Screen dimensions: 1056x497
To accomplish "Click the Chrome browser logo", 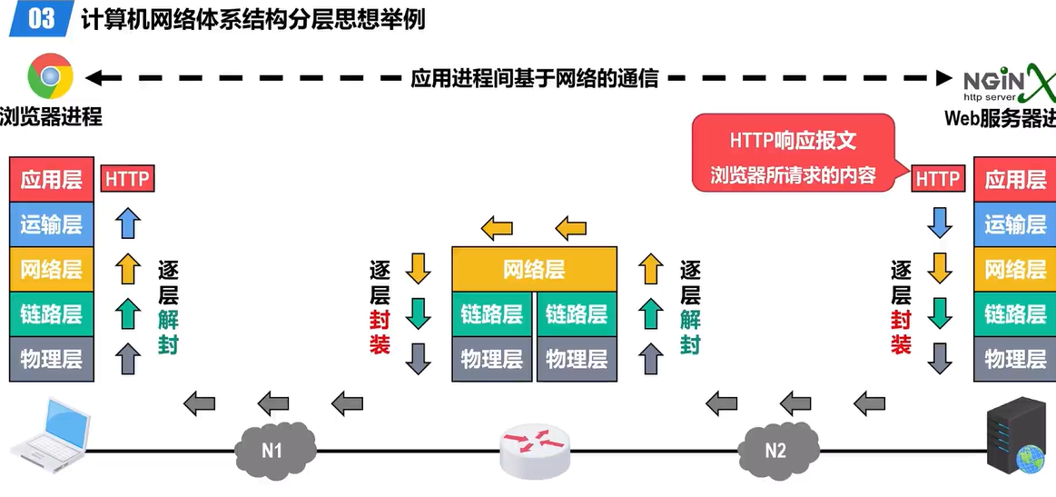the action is pyautogui.click(x=51, y=76).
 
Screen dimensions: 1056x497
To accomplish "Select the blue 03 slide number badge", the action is pyautogui.click(x=42, y=18).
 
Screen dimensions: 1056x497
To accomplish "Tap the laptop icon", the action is pyautogui.click(x=52, y=432).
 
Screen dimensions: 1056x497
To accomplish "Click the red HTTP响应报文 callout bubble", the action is pyautogui.click(x=794, y=153).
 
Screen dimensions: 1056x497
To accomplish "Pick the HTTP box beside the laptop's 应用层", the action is pyautogui.click(x=127, y=179).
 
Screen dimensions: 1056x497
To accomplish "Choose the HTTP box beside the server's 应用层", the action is pyautogui.click(x=937, y=179).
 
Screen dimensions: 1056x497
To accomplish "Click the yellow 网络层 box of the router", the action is pyautogui.click(x=534, y=270).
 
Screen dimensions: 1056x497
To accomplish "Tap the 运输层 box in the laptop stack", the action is pyautogui.click(x=52, y=224).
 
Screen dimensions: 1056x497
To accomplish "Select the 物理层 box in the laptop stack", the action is pyautogui.click(x=52, y=359).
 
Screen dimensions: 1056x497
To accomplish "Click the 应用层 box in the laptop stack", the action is pyautogui.click(x=52, y=180).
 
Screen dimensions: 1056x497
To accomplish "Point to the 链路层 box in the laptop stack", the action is pyautogui.click(x=52, y=314).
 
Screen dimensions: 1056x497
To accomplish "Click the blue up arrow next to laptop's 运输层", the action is pyautogui.click(x=128, y=224).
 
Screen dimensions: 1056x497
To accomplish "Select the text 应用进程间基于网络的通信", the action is pyautogui.click(x=534, y=78).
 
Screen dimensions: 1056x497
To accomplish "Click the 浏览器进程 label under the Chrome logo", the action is pyautogui.click(x=51, y=116).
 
